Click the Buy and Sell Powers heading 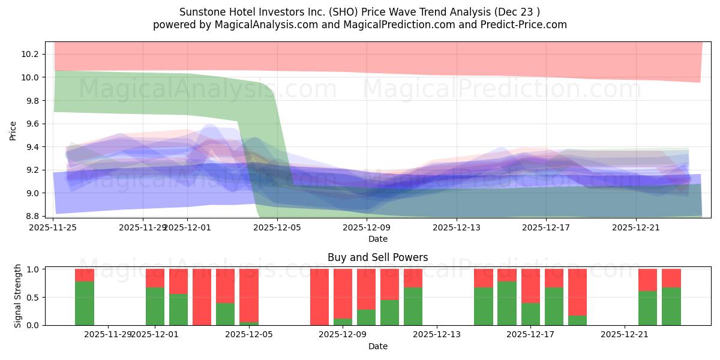377,257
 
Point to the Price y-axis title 13,130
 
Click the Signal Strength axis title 18,296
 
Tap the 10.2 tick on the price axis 29,54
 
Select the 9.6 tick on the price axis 29,124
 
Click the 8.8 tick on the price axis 29,216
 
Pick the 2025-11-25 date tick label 53,227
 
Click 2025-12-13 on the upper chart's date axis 457,227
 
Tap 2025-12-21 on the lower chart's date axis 625,334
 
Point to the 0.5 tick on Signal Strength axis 34,297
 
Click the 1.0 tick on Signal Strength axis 34,269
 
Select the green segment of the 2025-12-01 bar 155,306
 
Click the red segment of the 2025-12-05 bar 249,295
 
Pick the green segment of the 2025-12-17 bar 530,314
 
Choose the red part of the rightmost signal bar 671,278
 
